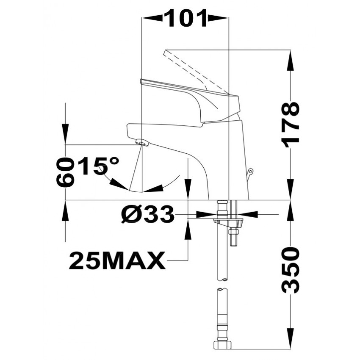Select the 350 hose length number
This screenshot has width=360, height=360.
[291, 270]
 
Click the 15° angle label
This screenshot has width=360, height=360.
[98, 166]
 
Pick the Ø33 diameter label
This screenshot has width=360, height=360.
[147, 214]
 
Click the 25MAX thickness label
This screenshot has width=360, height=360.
[117, 260]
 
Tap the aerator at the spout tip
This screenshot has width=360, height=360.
[142, 143]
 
